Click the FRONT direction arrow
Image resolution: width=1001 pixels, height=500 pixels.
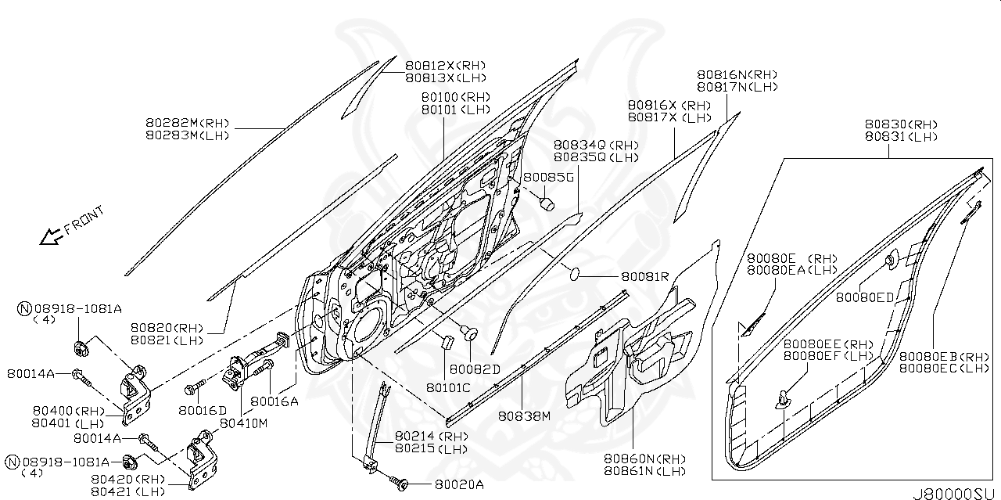coord(52,236)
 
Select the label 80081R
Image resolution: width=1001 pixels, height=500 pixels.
coord(645,276)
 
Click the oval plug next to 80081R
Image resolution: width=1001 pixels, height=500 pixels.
coord(575,274)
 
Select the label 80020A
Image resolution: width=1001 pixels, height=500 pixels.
coord(459,484)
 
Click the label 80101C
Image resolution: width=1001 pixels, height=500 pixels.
coord(448,386)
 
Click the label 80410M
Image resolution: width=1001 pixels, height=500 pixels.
coord(243,423)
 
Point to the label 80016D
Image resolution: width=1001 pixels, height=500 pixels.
coord(202,409)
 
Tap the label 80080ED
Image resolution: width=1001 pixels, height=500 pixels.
coord(864,297)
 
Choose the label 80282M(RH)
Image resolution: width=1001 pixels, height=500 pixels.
coord(187,123)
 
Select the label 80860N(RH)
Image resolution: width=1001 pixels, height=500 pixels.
coord(644,459)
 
